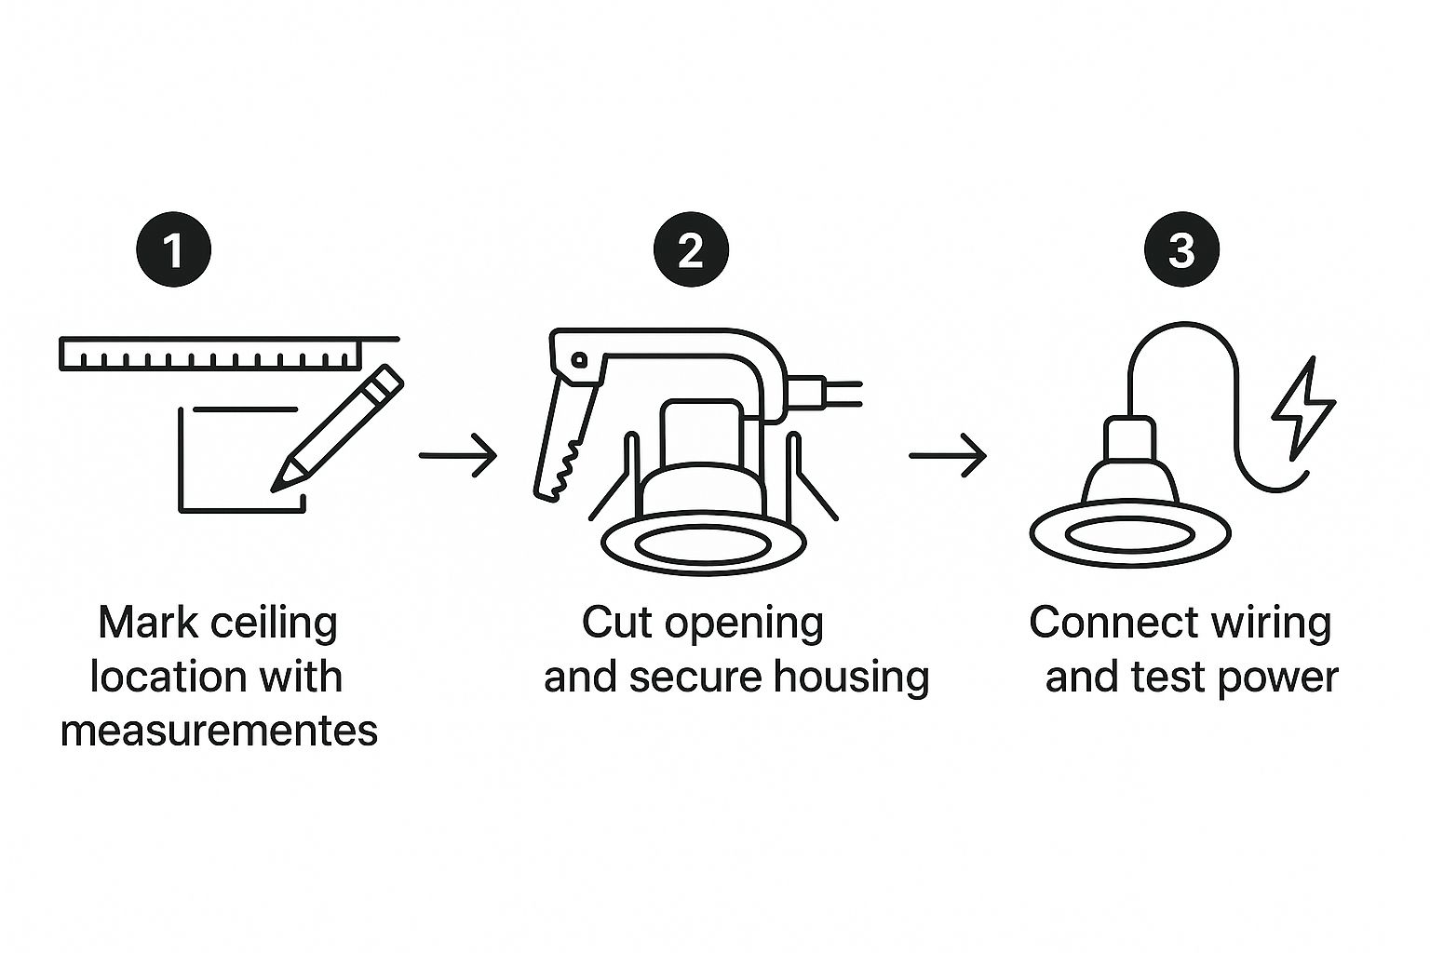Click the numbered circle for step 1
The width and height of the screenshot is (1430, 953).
pos(174,248)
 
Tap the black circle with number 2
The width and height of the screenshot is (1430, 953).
pos(691,248)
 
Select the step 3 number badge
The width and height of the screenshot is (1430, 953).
pos(1181,248)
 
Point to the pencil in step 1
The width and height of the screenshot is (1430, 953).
pos(338,428)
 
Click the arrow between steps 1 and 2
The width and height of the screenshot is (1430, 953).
pos(458,455)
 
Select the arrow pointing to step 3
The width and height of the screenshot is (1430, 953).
pos(948,455)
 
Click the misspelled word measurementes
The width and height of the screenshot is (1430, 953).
pos(219,731)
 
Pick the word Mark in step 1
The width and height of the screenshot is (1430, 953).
pos(148,623)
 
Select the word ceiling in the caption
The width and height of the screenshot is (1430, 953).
pos(274,624)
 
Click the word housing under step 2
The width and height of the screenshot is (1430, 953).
pos(852,678)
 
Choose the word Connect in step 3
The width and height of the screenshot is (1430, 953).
pos(1113,623)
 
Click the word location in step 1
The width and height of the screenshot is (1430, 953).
pos(160,677)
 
